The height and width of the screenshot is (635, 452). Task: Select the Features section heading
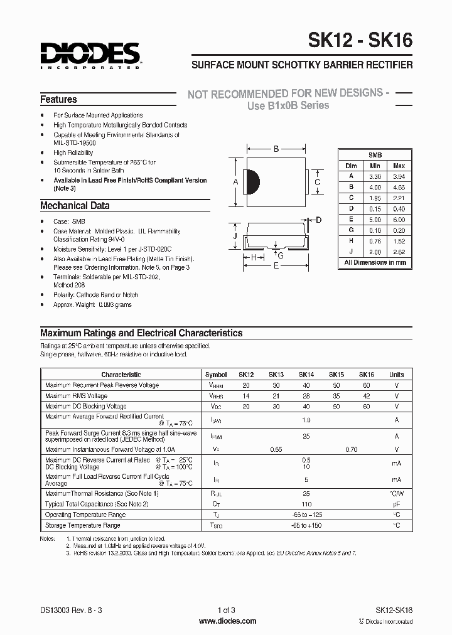[x=58, y=100]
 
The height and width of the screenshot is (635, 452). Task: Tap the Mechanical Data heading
[x=75, y=206]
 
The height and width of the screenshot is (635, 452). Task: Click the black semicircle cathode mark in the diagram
[x=252, y=182]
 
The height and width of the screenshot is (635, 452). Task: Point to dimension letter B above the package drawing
[x=276, y=149]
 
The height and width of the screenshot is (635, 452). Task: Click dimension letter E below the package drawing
[x=276, y=266]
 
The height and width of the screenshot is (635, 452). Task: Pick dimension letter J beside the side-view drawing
[x=234, y=235]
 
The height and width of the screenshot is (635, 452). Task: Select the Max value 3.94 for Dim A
[x=398, y=176]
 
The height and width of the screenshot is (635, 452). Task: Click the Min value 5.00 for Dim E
[x=375, y=220]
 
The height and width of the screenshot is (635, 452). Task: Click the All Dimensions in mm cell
[x=375, y=263]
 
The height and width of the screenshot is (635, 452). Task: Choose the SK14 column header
[x=306, y=375]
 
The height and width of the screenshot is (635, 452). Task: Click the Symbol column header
[x=216, y=375]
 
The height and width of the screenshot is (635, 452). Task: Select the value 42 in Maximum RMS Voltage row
[x=366, y=396]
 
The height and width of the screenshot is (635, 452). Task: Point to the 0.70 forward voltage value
[x=351, y=450]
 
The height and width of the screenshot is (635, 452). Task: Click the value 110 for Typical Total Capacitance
[x=306, y=504]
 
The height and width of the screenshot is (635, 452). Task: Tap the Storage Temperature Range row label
[x=82, y=525]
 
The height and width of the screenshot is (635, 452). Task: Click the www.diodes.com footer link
[x=227, y=621]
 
